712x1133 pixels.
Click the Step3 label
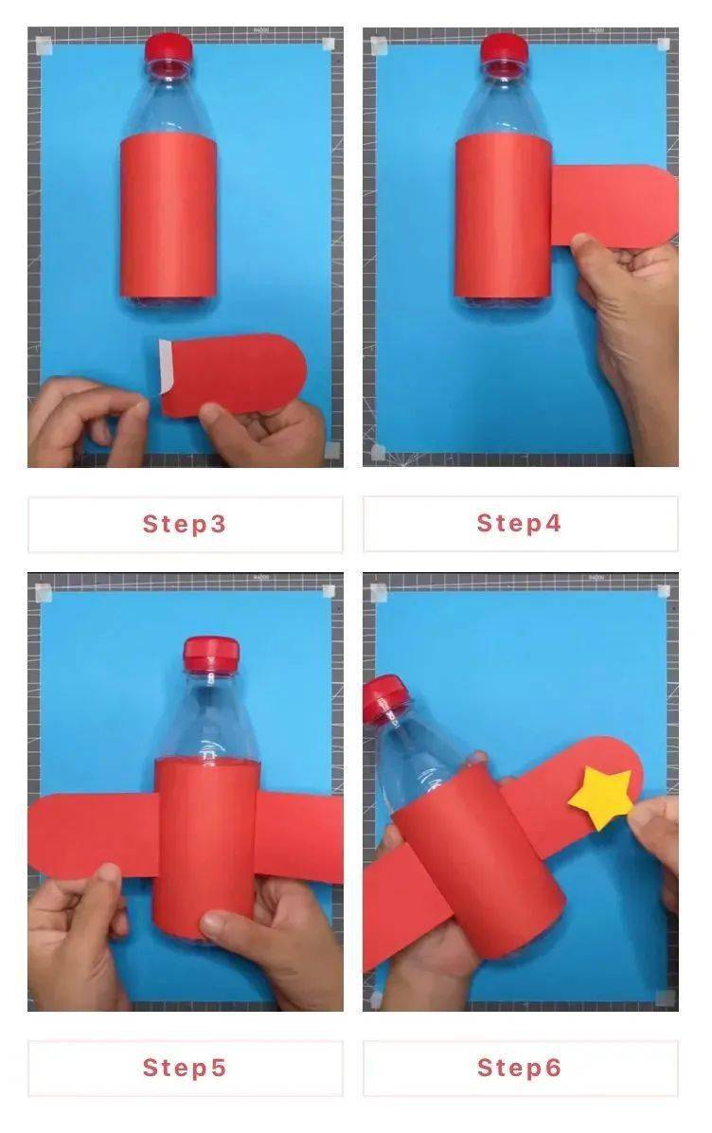(x=184, y=524)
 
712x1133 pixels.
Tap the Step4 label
(x=519, y=523)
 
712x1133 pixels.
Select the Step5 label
(x=184, y=1068)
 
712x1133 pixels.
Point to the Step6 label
(x=519, y=1068)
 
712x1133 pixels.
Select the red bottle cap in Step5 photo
(x=211, y=653)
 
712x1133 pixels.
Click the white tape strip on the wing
(x=165, y=367)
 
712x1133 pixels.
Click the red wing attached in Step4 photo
(x=614, y=206)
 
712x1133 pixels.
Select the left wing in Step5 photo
(x=94, y=835)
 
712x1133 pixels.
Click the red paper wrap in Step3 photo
(x=169, y=215)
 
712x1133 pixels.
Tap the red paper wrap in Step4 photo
(x=504, y=215)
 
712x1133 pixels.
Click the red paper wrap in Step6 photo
(x=479, y=860)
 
